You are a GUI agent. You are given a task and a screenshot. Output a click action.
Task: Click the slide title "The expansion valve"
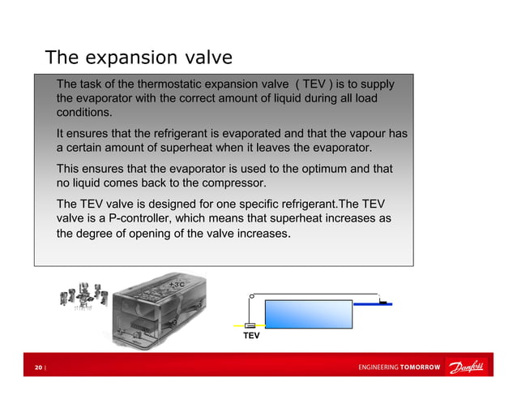click(139, 58)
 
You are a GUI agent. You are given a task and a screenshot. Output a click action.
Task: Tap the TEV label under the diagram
click(251, 335)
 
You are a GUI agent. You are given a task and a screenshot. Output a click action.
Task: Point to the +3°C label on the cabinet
click(177, 286)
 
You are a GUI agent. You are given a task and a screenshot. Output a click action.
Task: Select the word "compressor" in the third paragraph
click(229, 183)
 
